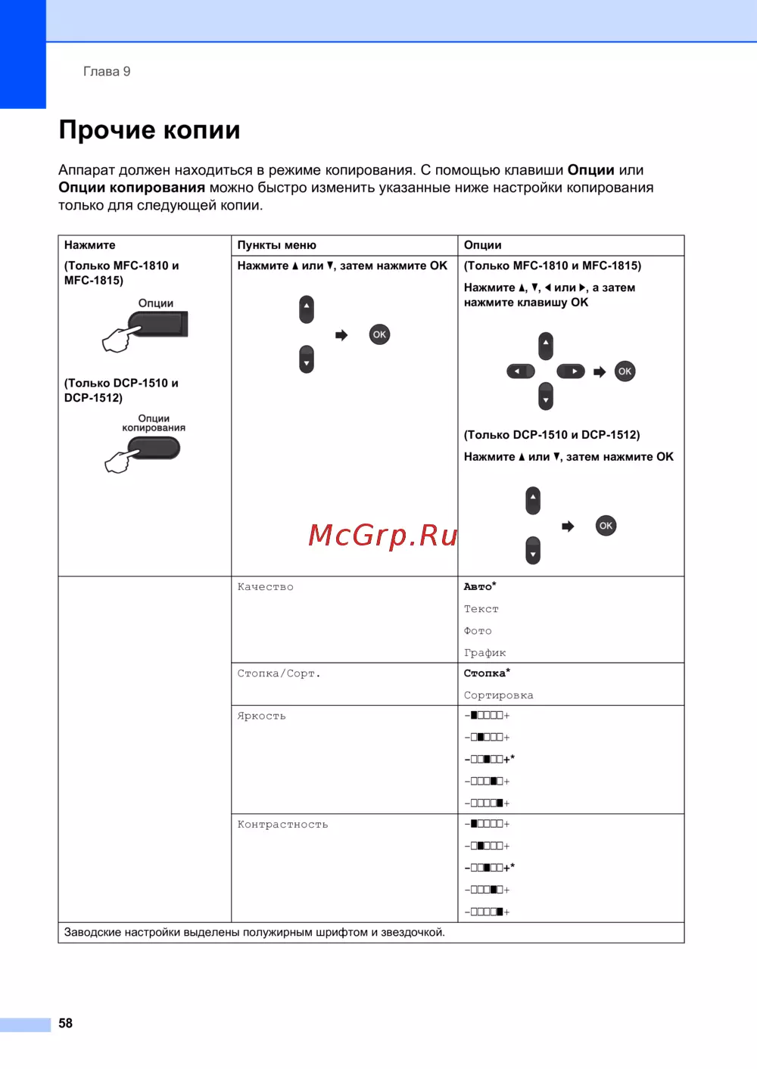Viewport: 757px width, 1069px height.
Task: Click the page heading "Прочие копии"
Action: (x=149, y=130)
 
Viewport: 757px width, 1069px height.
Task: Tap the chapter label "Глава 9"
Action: (x=107, y=71)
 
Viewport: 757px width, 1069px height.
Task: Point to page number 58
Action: (x=66, y=1023)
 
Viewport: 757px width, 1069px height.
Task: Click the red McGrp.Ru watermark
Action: (x=383, y=535)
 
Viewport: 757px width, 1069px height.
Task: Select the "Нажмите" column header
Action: (x=90, y=245)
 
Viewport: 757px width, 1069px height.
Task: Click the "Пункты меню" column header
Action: (x=276, y=245)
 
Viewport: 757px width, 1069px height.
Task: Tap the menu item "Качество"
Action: (x=265, y=587)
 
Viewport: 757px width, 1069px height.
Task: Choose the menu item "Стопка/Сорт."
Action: (x=279, y=673)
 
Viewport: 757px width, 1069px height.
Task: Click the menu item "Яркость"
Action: (x=261, y=716)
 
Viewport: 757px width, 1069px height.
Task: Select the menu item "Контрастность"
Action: (x=282, y=825)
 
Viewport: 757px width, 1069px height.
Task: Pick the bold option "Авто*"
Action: (x=480, y=586)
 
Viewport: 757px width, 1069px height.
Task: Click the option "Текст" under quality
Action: (x=481, y=609)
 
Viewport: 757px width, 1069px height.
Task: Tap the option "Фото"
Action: (x=478, y=631)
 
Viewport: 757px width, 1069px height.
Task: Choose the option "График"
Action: (x=484, y=653)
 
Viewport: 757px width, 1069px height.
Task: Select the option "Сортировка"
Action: (x=498, y=695)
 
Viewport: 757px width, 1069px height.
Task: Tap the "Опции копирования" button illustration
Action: (x=156, y=448)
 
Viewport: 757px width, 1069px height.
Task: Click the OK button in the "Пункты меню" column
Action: (x=379, y=334)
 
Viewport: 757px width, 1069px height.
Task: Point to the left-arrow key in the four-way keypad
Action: (x=520, y=371)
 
